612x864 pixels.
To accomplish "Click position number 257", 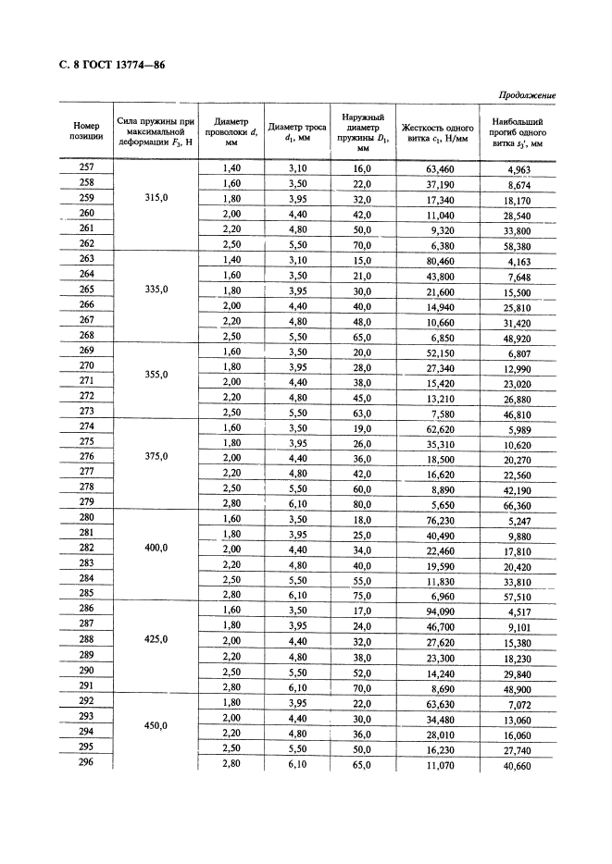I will click(86, 167).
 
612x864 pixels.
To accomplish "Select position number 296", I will click(86, 762).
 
